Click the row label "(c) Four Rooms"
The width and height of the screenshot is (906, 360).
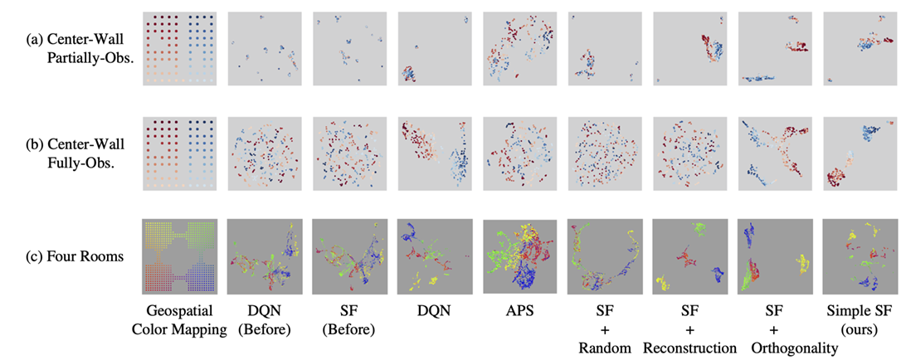coord(84,256)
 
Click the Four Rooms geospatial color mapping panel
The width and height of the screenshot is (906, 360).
coord(179,255)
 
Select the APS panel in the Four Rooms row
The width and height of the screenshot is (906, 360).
coord(518,255)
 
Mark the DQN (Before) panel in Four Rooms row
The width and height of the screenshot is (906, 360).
coord(264,255)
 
